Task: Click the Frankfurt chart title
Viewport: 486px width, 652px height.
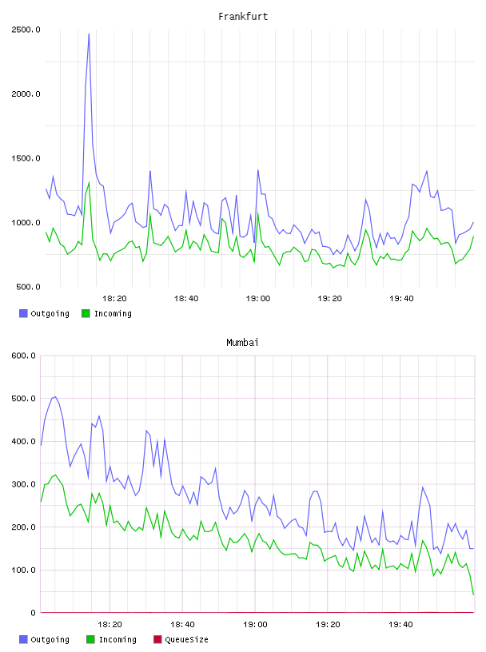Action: coord(243,17)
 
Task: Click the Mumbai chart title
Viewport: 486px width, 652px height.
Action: coord(242,343)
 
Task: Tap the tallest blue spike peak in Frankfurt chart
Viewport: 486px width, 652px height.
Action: coord(89,34)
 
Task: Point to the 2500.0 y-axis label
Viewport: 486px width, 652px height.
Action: coord(26,30)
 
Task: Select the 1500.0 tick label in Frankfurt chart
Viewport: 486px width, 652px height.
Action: coord(26,158)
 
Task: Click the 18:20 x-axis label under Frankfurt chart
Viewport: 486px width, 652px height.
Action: coord(114,299)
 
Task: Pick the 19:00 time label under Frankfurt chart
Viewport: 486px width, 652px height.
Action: coord(258,299)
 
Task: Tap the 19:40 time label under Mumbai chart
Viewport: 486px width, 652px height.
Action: coord(400,625)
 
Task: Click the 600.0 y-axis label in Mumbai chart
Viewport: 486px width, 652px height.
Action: coord(24,356)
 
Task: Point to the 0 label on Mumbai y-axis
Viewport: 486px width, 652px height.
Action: coord(33,613)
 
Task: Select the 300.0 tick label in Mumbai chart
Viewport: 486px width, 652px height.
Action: coord(24,484)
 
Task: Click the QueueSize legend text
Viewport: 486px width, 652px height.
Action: coord(187,639)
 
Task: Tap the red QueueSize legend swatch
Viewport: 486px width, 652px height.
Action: coord(157,639)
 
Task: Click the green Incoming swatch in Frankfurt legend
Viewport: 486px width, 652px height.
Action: coord(86,313)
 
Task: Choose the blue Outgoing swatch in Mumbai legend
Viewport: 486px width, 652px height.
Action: coord(23,639)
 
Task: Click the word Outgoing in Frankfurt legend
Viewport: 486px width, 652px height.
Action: coord(50,313)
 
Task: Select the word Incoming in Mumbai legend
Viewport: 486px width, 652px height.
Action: coord(118,639)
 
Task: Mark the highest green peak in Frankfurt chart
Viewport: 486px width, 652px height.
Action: coord(89,182)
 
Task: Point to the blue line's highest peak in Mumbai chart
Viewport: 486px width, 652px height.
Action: coord(55,396)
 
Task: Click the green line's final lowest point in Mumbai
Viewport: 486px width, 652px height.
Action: coord(473,594)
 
